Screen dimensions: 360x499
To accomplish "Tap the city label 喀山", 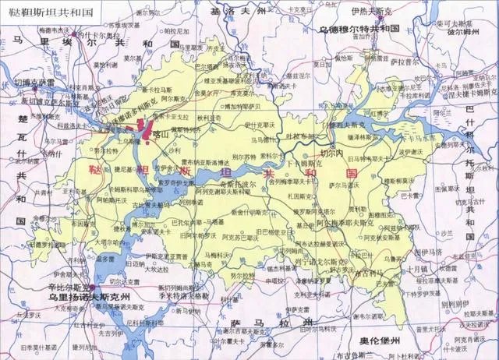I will click(163, 134).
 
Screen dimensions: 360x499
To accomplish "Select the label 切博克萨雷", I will click(34, 82).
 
